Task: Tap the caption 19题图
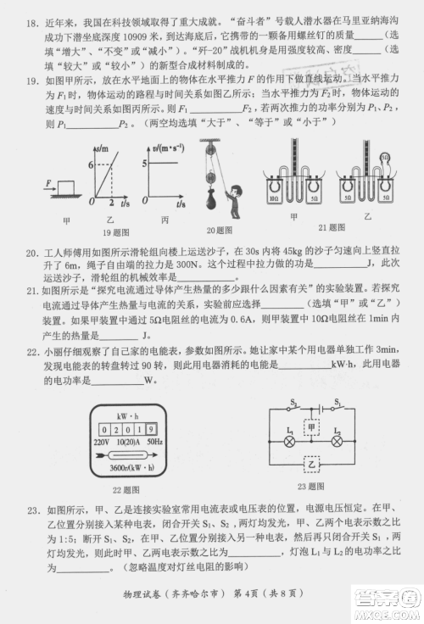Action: click(x=118, y=232)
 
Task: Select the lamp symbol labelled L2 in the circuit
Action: click(x=338, y=442)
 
